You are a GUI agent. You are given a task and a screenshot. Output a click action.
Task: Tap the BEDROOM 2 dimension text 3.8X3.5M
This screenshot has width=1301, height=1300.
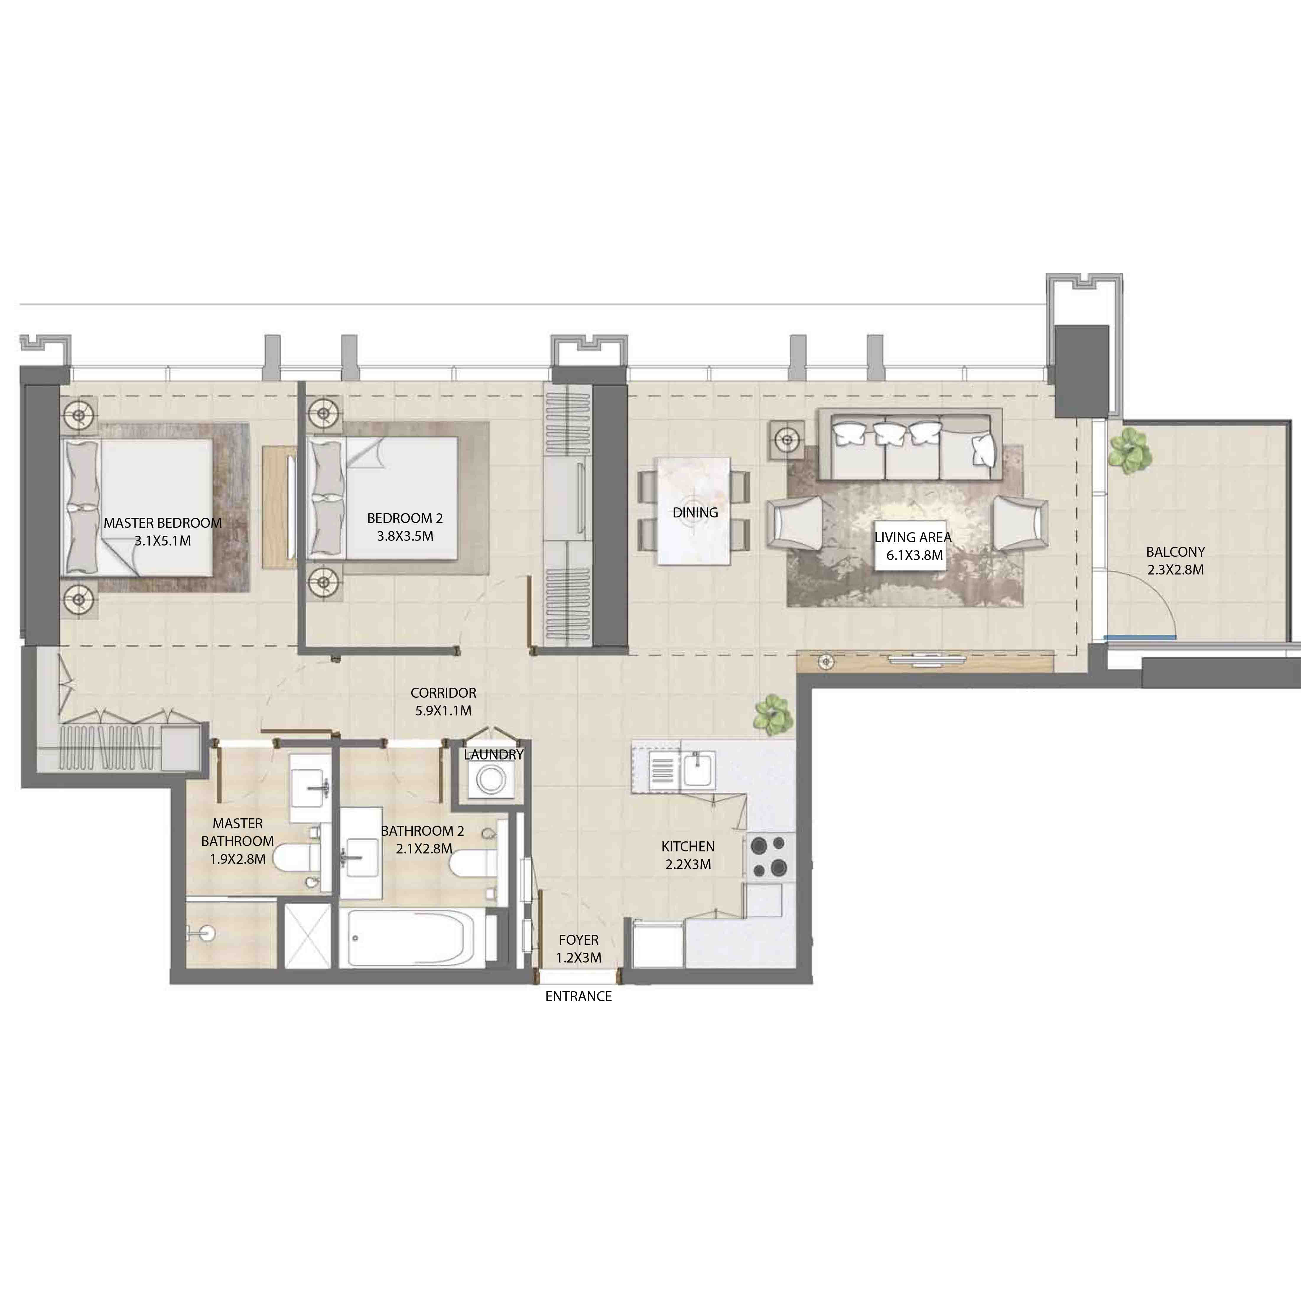405,536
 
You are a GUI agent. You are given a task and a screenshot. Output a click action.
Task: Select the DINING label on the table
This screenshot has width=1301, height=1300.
695,513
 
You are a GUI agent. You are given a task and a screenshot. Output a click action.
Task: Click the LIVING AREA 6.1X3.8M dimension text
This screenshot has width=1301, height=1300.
914,556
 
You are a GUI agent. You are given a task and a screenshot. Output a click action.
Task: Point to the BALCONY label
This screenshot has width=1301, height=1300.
1175,552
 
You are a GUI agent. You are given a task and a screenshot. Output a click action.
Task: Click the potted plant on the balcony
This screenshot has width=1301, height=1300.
1130,450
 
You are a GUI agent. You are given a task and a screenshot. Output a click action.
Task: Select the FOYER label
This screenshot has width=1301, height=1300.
578,940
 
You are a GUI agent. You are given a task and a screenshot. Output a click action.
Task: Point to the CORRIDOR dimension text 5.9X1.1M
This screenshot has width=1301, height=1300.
443,710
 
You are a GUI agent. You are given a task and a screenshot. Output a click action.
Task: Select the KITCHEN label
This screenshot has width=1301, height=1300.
687,847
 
